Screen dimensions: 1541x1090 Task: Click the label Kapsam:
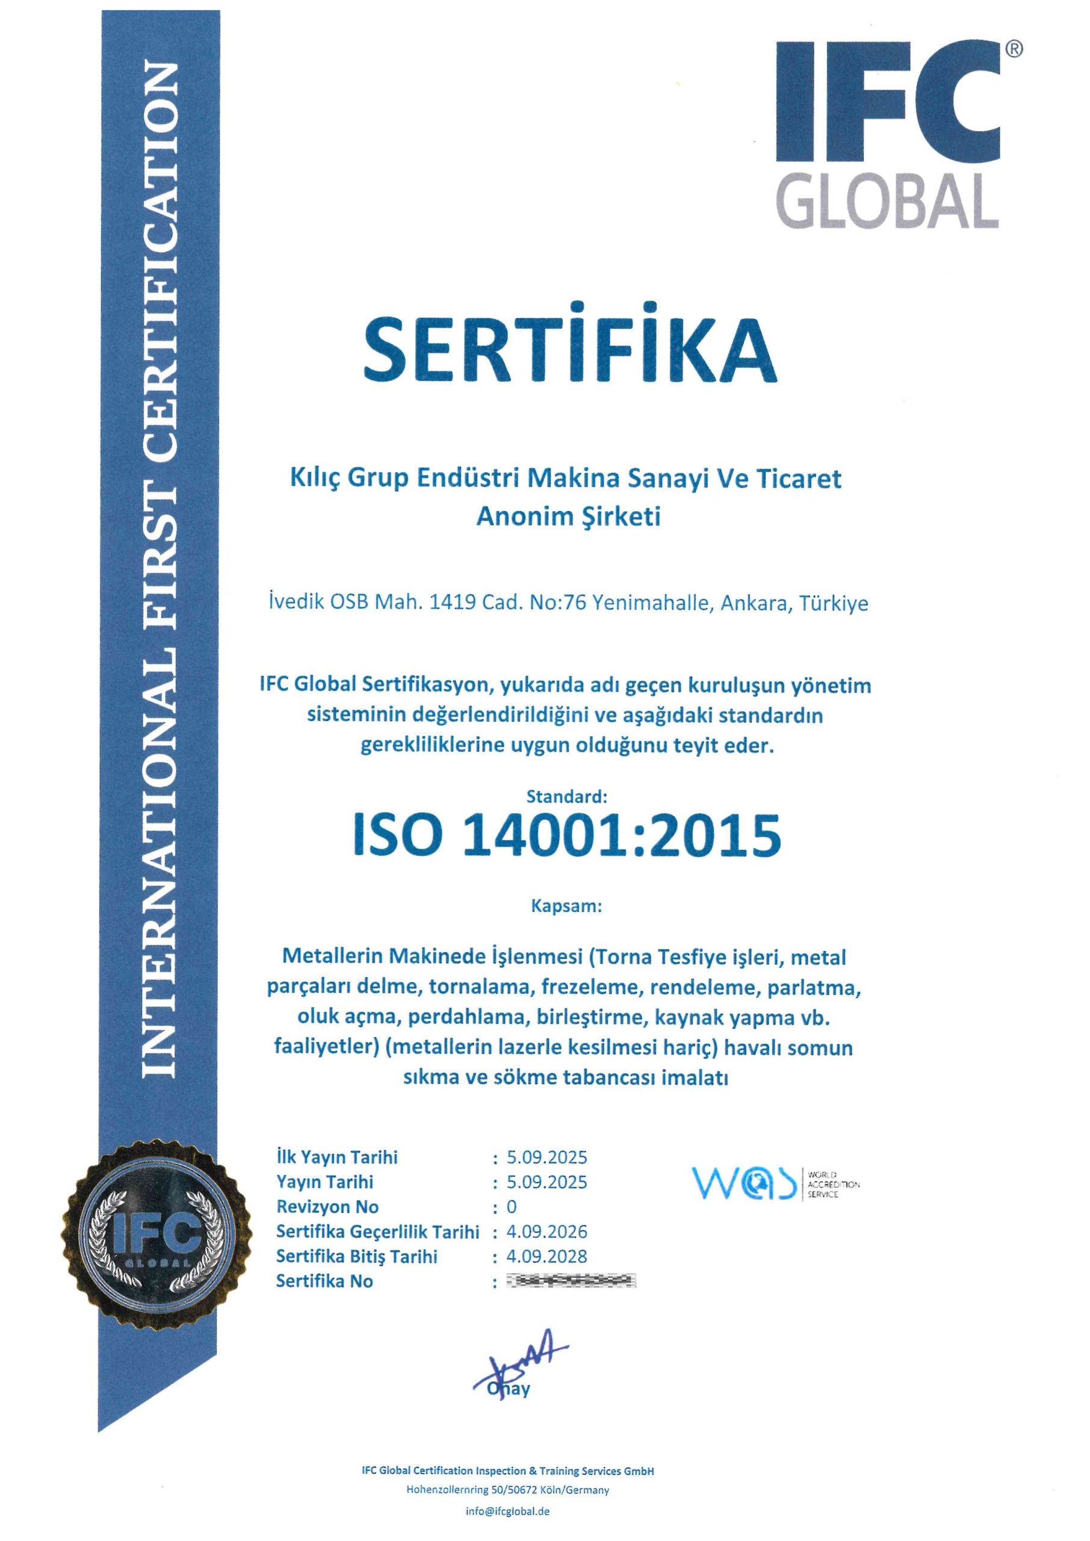[567, 906]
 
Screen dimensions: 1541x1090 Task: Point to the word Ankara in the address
[758, 603]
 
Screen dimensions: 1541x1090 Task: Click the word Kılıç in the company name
[315, 479]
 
